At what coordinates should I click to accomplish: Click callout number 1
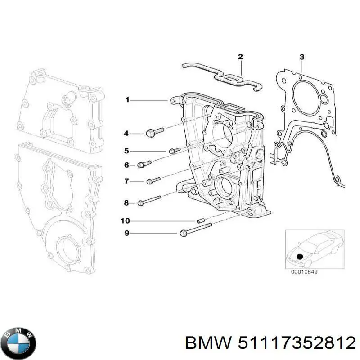click(127, 99)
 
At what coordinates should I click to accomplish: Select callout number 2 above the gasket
click(240, 57)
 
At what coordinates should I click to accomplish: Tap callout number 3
click(302, 57)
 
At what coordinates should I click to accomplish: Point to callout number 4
click(126, 133)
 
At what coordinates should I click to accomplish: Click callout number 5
click(126, 151)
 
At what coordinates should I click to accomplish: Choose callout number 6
click(126, 166)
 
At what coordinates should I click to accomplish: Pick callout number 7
click(126, 181)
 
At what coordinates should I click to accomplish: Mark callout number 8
click(126, 203)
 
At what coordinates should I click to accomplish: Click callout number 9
click(126, 233)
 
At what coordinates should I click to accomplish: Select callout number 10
click(126, 220)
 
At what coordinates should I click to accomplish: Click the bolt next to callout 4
click(154, 132)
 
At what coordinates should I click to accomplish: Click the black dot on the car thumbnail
click(301, 256)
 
